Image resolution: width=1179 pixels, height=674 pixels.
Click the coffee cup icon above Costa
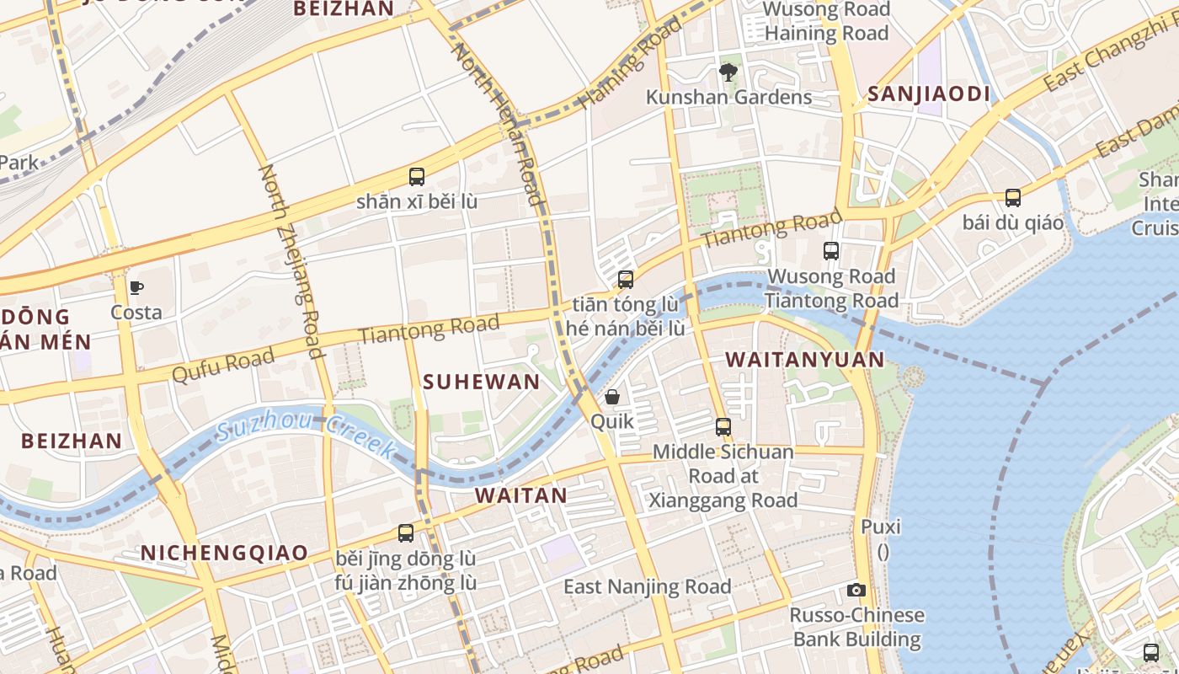(x=136, y=288)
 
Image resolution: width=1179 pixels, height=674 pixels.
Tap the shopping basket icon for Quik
(x=612, y=397)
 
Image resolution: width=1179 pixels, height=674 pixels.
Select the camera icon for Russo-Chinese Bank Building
(x=856, y=591)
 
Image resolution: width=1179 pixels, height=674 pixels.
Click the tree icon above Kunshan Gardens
(x=728, y=72)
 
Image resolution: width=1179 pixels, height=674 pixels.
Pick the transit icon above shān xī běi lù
(x=417, y=177)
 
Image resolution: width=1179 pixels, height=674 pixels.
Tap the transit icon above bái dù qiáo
(x=1013, y=198)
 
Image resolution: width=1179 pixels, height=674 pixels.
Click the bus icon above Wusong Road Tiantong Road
(x=831, y=251)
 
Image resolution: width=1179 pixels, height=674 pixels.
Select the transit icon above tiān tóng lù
(x=626, y=280)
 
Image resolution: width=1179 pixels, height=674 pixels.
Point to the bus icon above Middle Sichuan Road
(x=723, y=427)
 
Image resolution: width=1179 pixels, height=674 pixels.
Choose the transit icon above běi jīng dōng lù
(x=406, y=533)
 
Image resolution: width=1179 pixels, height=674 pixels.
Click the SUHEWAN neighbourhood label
(x=482, y=382)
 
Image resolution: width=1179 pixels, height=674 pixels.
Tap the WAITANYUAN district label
(x=805, y=360)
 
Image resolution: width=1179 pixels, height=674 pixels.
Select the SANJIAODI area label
(x=929, y=94)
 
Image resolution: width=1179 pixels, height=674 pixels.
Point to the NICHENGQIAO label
(x=224, y=553)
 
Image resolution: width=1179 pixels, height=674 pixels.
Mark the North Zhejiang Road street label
(x=291, y=261)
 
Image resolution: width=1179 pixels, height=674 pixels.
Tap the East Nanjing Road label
(x=647, y=586)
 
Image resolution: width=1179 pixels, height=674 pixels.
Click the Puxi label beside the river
(x=881, y=527)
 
